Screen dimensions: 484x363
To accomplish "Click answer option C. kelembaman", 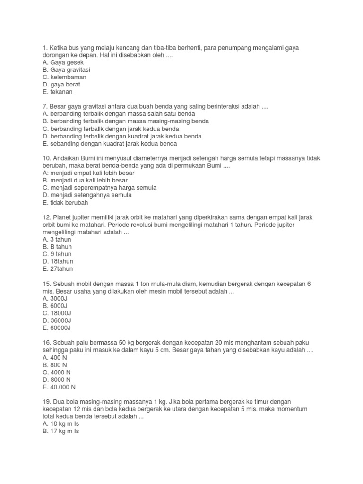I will pos(64,77).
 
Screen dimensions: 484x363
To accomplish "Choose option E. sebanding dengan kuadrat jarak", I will pos(110,144).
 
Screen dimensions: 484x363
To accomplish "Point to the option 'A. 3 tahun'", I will pos(57,240).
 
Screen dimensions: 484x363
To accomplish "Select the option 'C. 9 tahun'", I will pos(57,254).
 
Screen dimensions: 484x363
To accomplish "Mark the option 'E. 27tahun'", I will pos(58,269).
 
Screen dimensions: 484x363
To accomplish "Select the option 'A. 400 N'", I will pos(55,357).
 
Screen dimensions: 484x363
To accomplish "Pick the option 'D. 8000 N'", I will pos(57,380).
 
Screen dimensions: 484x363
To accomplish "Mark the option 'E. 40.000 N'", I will pos(59,387).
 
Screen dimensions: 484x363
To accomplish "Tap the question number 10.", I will pos(47,158).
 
